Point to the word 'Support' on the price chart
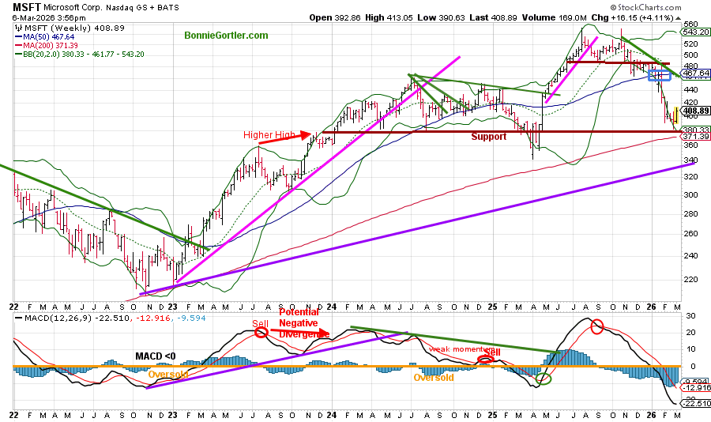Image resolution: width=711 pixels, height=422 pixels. (489, 137)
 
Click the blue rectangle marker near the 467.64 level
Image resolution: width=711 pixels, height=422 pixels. (657, 75)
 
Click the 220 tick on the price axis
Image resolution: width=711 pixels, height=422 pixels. (690, 279)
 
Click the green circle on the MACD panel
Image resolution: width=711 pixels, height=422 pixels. (543, 379)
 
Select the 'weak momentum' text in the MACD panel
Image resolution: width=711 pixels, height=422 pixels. (452, 348)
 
